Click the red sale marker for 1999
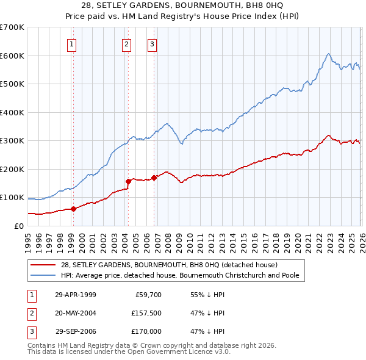(x=74, y=209)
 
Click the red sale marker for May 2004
(x=128, y=181)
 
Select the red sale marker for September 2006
(x=154, y=178)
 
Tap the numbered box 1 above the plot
(x=72, y=43)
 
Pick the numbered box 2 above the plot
(x=126, y=43)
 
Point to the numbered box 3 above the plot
(x=152, y=43)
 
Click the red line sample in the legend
(x=44, y=265)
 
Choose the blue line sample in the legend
(x=44, y=275)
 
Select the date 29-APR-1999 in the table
(x=76, y=294)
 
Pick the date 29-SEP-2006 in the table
(x=76, y=331)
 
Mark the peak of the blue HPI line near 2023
(x=328, y=54)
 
